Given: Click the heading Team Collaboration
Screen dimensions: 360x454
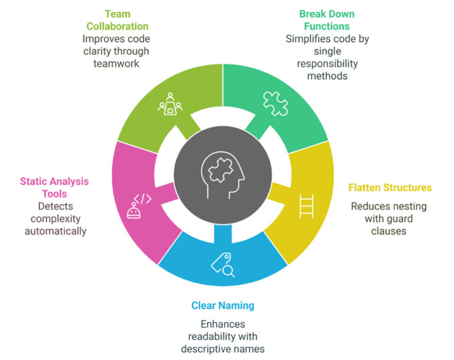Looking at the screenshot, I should tap(117, 20).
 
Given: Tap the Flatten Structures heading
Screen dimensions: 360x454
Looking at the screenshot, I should tap(390, 188).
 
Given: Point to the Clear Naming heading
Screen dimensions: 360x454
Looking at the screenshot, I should tap(222, 306).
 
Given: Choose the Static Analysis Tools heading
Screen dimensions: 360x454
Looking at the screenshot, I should tap(55, 187).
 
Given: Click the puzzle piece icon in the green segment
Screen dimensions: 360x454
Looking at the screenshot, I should tap(274, 104).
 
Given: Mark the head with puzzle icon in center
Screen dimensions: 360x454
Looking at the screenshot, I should tap(223, 176).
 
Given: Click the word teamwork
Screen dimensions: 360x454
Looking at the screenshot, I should tap(117, 63).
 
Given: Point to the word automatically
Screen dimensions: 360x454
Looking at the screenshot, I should tap(55, 231).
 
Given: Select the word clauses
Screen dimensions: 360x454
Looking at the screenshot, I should tap(388, 231).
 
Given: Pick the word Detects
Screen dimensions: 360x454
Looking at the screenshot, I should tap(55, 207).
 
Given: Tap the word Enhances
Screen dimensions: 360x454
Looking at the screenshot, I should tap(222, 324).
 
